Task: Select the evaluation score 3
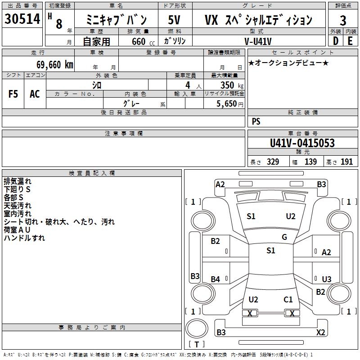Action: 343,20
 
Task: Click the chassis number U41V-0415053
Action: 302,143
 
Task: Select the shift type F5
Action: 13,94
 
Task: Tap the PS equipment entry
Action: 256,121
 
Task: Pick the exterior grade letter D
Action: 335,41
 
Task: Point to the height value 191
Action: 347,162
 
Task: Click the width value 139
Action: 310,162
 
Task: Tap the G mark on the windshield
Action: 284,237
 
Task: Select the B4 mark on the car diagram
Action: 216,279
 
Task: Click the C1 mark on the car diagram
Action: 288,299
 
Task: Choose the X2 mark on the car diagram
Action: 320,333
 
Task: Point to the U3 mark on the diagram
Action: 326,279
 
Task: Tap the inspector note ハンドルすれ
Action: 24,238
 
